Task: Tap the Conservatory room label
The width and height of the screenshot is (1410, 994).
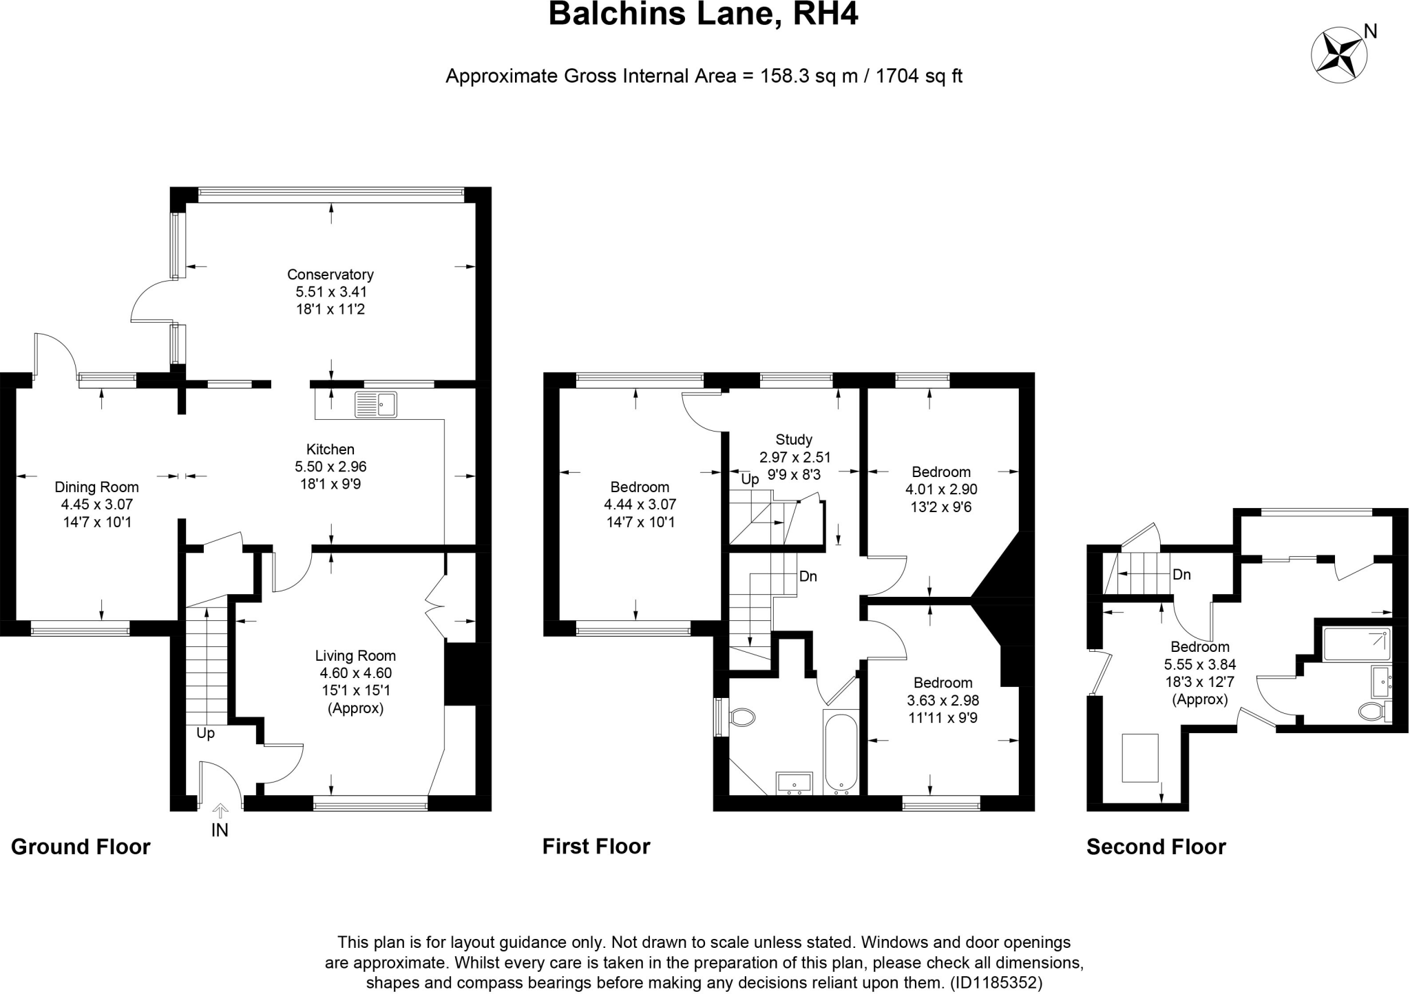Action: [330, 274]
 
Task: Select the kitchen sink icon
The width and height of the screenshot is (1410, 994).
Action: [376, 405]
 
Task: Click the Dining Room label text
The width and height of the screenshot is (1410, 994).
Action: [96, 487]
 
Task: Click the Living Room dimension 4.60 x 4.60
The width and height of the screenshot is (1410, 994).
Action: [355, 673]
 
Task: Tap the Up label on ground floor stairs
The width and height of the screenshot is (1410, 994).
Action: [205, 733]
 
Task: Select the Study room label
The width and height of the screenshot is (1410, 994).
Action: [794, 439]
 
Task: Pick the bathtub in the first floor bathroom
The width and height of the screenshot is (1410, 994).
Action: [841, 753]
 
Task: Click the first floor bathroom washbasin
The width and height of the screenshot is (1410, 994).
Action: [795, 783]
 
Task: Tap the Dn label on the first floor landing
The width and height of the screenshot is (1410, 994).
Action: [808, 576]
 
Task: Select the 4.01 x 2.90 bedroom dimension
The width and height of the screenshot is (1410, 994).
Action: [941, 489]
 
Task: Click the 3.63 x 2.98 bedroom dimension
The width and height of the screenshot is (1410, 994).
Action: [943, 700]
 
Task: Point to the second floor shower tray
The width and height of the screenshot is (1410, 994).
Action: [1356, 644]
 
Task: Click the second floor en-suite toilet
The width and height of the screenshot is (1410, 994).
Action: [1374, 711]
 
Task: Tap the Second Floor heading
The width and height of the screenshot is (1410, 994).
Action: [1156, 847]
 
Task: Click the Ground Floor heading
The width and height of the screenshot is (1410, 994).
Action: [81, 847]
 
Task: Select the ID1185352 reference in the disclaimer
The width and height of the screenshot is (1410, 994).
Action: [996, 982]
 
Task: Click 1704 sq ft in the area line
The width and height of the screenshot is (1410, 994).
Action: [918, 76]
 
